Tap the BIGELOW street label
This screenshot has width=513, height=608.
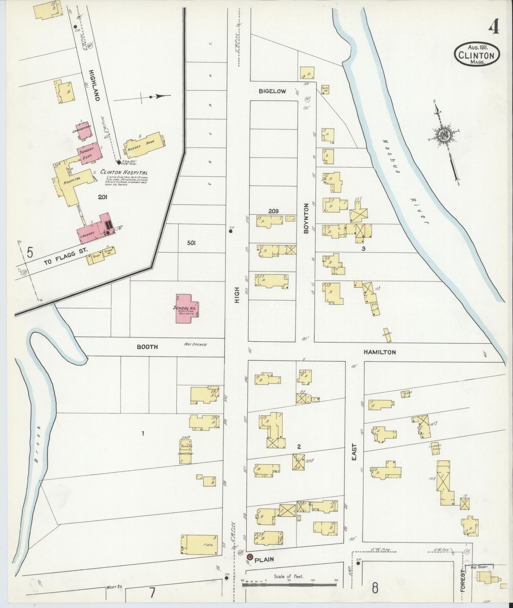(272, 91)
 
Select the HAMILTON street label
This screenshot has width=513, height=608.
(379, 352)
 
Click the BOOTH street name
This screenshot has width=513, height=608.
(147, 347)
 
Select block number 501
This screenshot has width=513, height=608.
(191, 243)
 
